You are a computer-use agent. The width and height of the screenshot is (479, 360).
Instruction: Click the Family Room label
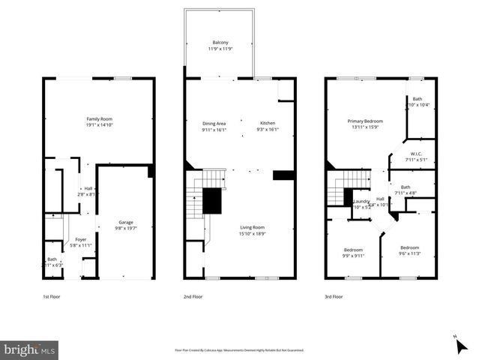coord(99,119)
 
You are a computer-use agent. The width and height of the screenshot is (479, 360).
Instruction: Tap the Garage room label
coord(125,222)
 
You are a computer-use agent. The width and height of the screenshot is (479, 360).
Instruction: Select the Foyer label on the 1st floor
coord(80,239)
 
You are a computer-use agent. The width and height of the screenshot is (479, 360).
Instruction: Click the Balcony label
coord(220,43)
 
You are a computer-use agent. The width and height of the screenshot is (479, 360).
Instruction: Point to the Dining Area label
coord(214,123)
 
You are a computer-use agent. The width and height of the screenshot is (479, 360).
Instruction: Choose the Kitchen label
coord(268,123)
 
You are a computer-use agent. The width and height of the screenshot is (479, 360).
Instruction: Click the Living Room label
coord(251,227)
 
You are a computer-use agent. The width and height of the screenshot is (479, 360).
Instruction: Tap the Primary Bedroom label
coord(365,121)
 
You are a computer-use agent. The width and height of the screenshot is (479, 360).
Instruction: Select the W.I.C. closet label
coord(415,154)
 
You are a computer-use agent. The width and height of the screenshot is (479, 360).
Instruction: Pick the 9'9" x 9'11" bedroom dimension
coord(353,256)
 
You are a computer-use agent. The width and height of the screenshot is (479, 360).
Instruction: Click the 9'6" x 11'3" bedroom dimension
coord(409,253)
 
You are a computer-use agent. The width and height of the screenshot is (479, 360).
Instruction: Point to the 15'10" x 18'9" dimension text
coord(251,233)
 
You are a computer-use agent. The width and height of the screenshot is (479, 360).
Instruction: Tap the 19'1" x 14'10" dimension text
coord(99,125)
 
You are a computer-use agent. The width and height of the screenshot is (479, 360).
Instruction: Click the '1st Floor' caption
coord(52,297)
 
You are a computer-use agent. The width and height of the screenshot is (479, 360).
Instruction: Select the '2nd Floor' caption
coord(193,297)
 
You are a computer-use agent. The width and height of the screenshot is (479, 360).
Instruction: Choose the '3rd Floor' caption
coord(334,297)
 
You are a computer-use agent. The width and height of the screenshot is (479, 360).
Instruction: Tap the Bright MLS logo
coord(29,349)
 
